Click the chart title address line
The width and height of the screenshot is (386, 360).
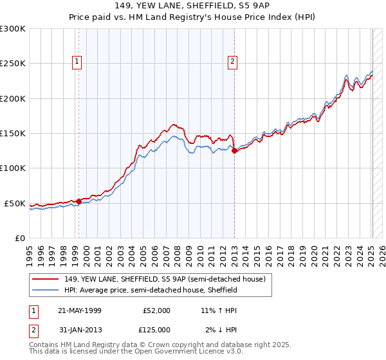pos(193,6)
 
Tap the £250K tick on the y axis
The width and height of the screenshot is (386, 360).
pos(13,64)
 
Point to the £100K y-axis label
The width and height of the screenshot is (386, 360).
pos(13,168)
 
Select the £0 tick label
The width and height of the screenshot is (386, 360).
pos(19,238)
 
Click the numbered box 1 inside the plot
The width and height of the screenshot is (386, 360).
pos(77,62)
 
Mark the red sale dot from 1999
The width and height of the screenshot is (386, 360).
pos(78,201)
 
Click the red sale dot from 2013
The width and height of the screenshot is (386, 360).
pos(235,151)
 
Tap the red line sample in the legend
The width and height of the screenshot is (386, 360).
pos(46,279)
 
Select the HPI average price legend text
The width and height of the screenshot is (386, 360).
pos(151,290)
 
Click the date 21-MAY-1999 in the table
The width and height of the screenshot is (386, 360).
pos(80,310)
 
